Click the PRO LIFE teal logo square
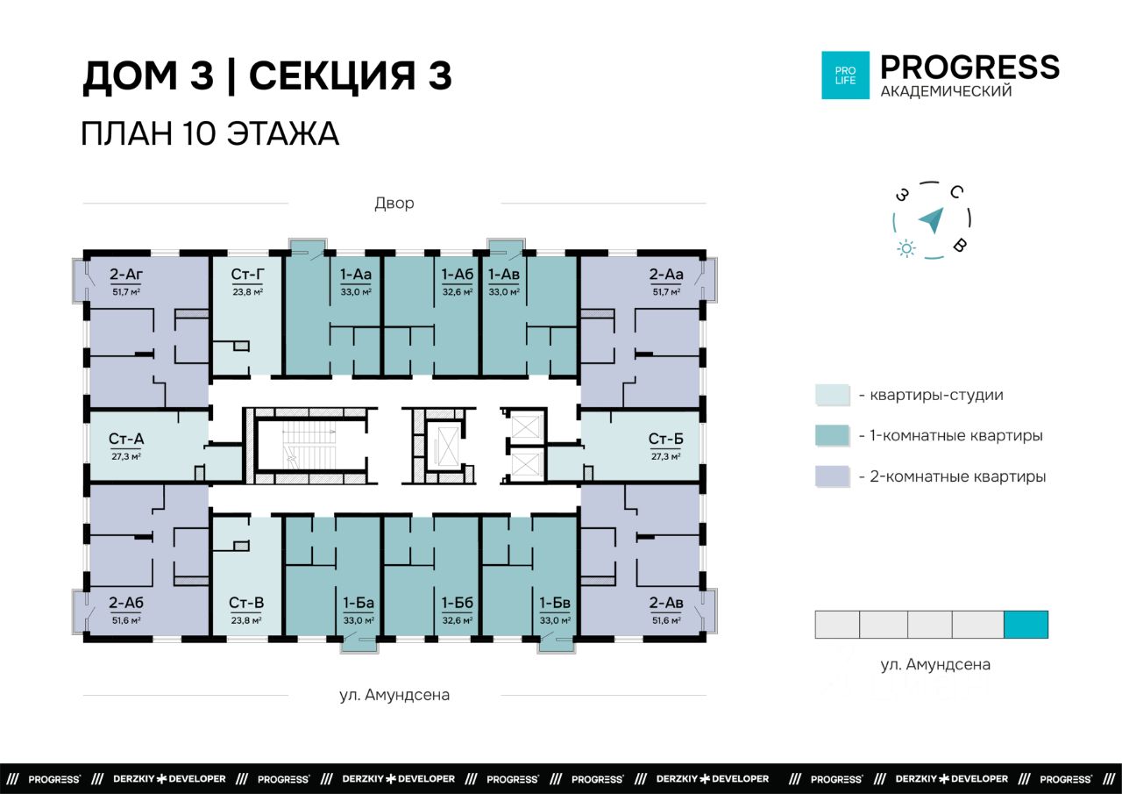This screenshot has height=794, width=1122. tap(846, 75)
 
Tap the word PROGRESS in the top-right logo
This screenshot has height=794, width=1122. tap(969, 68)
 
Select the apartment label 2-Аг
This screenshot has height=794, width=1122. tap(126, 275)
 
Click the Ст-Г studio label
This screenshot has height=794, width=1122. tap(247, 275)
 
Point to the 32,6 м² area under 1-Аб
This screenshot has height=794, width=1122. tap(457, 292)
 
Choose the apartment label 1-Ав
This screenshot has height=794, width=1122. tap(504, 275)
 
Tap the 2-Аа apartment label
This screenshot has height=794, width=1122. tap(666, 275)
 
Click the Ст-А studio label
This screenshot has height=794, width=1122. tap(126, 439)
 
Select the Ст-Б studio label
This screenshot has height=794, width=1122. tap(665, 439)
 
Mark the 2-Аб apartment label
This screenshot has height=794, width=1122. tap(126, 603)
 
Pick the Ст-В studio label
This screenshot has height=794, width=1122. tap(246, 603)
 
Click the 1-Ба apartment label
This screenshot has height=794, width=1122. tap(359, 603)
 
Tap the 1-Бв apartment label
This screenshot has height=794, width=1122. tap(555, 603)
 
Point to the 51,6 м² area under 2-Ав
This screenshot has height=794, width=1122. tap(666, 620)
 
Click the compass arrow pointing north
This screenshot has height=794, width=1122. tap(932, 220)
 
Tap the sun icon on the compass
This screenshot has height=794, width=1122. tap(906, 248)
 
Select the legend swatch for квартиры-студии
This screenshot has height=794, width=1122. tap(833, 395)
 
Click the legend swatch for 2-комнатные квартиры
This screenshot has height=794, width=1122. tap(833, 476)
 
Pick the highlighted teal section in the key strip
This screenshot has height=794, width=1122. tap(1026, 625)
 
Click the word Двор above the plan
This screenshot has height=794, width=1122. tap(394, 204)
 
